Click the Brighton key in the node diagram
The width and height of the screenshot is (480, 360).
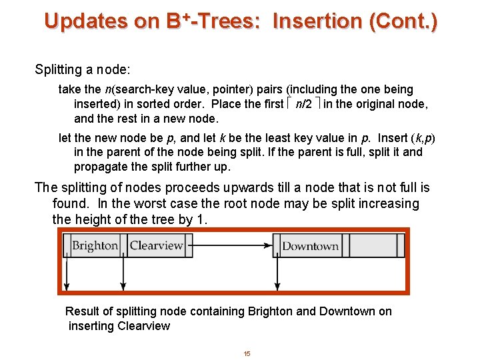(95, 246)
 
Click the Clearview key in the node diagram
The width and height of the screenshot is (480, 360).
(156, 246)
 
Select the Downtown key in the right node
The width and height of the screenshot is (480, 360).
(310, 246)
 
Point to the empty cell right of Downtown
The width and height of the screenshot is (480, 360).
(373, 246)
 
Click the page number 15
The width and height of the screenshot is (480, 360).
(247, 353)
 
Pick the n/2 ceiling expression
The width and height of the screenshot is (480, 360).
(303, 104)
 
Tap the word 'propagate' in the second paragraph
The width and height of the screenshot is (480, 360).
(99, 167)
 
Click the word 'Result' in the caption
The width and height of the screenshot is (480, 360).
(82, 311)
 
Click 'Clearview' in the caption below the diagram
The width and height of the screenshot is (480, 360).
(143, 326)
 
